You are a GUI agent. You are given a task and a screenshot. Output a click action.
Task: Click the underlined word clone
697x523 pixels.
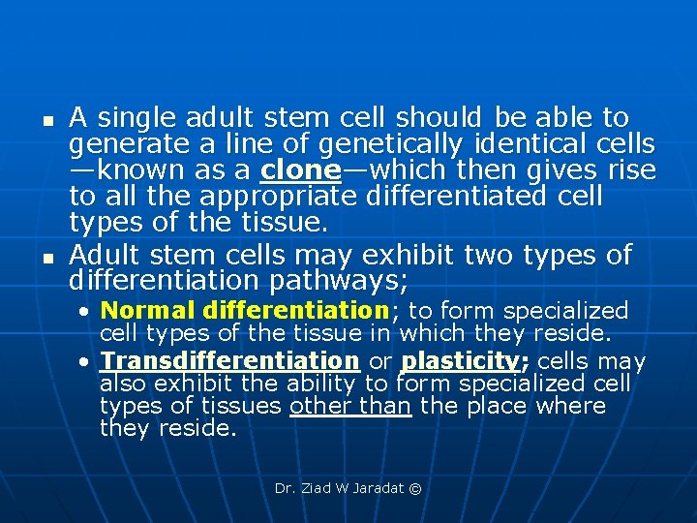point(301,171)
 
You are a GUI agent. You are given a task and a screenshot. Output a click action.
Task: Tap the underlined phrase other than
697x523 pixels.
point(350,405)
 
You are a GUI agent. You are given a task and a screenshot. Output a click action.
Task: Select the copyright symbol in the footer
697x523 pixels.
point(416,488)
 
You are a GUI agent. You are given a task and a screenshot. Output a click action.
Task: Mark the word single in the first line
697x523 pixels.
point(131,118)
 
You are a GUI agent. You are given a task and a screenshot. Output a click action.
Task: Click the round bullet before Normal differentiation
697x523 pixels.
point(87,312)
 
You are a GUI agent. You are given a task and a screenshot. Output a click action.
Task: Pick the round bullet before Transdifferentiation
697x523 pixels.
point(87,362)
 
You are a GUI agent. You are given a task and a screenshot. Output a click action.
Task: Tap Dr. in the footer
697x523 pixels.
point(285,488)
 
